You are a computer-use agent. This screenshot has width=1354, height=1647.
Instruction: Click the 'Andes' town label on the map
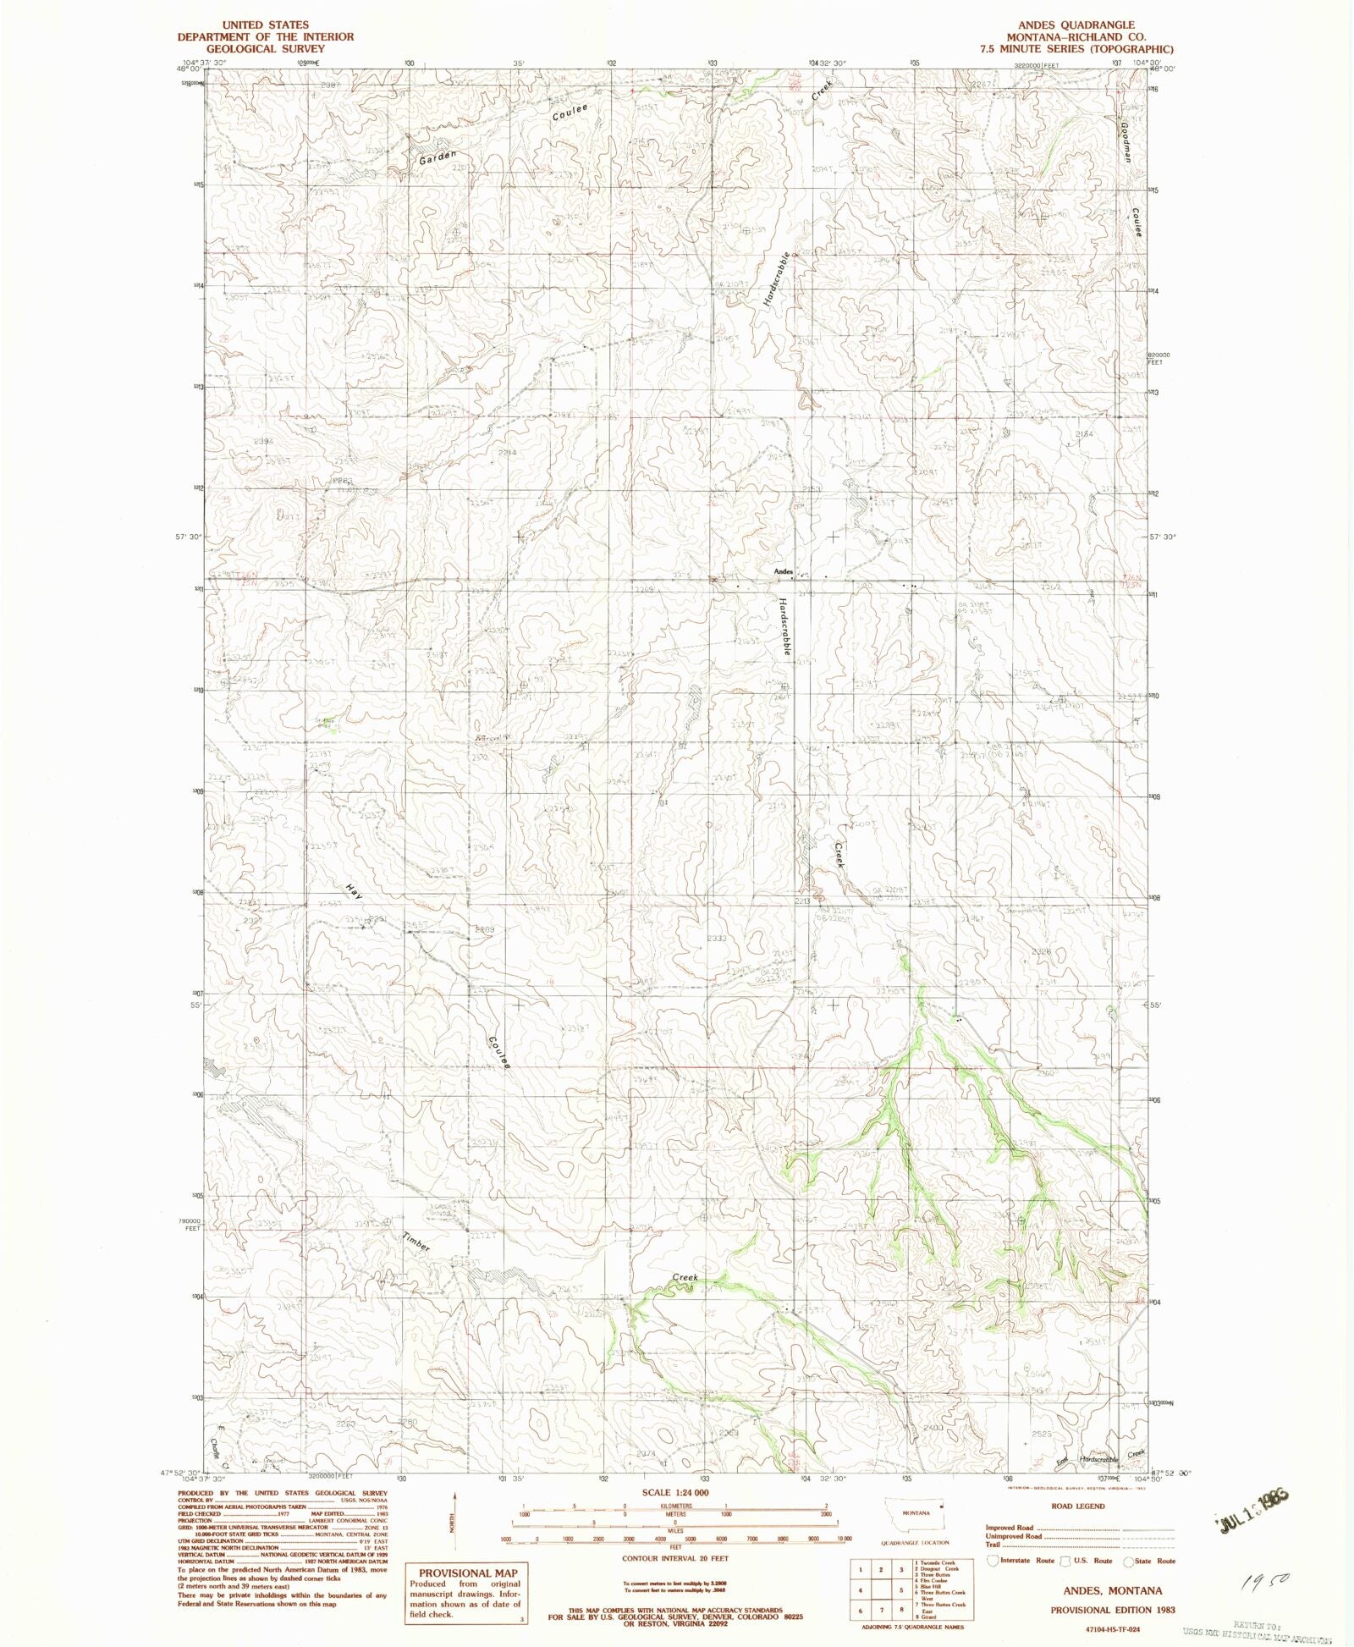[x=783, y=572]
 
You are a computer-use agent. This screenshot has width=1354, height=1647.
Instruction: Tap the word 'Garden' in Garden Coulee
[x=438, y=157]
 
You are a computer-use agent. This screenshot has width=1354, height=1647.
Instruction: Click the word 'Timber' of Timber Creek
[x=416, y=1242]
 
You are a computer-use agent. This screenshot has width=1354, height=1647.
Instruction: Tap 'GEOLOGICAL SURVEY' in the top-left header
[x=265, y=48]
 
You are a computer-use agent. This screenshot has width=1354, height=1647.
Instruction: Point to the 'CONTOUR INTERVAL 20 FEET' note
[x=674, y=1557]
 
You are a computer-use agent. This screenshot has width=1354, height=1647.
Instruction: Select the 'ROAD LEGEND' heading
[x=1078, y=1506]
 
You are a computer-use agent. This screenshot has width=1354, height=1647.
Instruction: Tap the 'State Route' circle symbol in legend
[x=1127, y=1561]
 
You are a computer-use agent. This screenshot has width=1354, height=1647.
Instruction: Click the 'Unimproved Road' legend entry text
[x=1013, y=1535]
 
